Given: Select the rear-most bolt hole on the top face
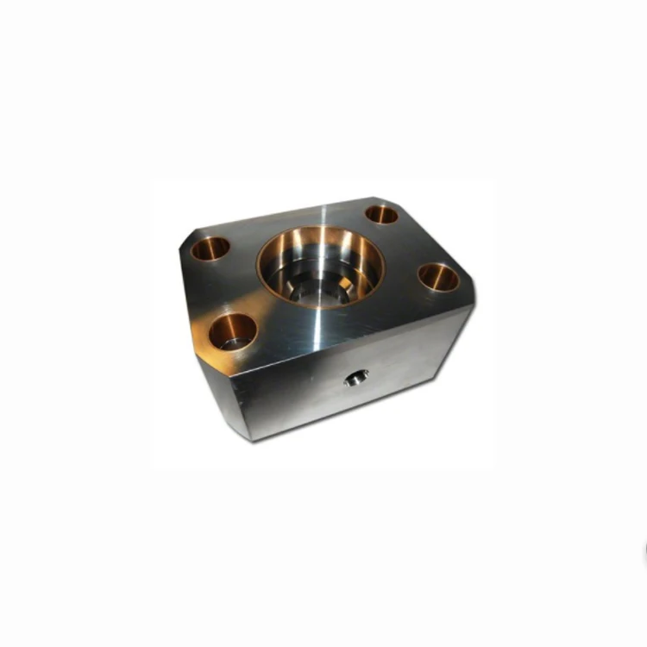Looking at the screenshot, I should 381,214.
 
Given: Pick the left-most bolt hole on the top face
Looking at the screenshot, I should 210,248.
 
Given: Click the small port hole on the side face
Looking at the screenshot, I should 355,377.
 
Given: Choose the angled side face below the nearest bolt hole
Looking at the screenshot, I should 220,397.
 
